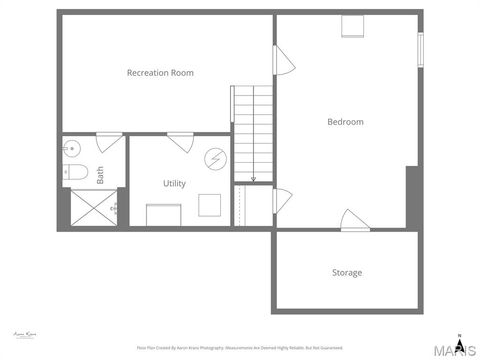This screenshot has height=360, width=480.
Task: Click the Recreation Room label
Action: click(160, 73)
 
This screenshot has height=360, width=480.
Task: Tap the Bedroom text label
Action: click(345, 122)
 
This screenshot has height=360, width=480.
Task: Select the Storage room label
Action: click(347, 272)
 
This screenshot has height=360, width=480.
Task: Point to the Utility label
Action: click(174, 184)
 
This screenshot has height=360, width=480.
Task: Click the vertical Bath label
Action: click(100, 175)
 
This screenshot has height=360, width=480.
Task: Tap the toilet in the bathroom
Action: click(76, 173)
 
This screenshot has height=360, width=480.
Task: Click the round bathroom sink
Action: click(70, 149)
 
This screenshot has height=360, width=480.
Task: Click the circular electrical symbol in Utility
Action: click(216, 158)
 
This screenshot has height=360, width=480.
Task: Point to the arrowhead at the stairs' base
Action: click(254, 179)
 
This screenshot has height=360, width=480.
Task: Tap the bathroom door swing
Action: click(109, 141)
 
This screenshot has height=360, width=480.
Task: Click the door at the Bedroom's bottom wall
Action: click(354, 219)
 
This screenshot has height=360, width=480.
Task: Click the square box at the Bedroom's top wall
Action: click(351, 26)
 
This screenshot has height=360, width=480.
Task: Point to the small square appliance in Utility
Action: click(210, 204)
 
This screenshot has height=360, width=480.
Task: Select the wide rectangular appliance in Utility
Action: click(162, 215)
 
